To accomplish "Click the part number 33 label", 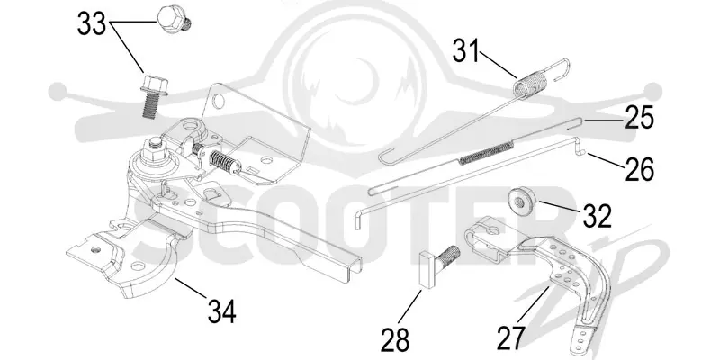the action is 92,23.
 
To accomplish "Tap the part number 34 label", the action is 221,311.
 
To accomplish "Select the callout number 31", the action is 465,50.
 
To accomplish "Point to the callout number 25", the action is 638,119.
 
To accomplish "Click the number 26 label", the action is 639,169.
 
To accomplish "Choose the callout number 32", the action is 597,216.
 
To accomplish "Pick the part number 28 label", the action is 395,341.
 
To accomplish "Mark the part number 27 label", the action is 510,339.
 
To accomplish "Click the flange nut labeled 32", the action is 522,199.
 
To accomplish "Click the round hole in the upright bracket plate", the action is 220,101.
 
